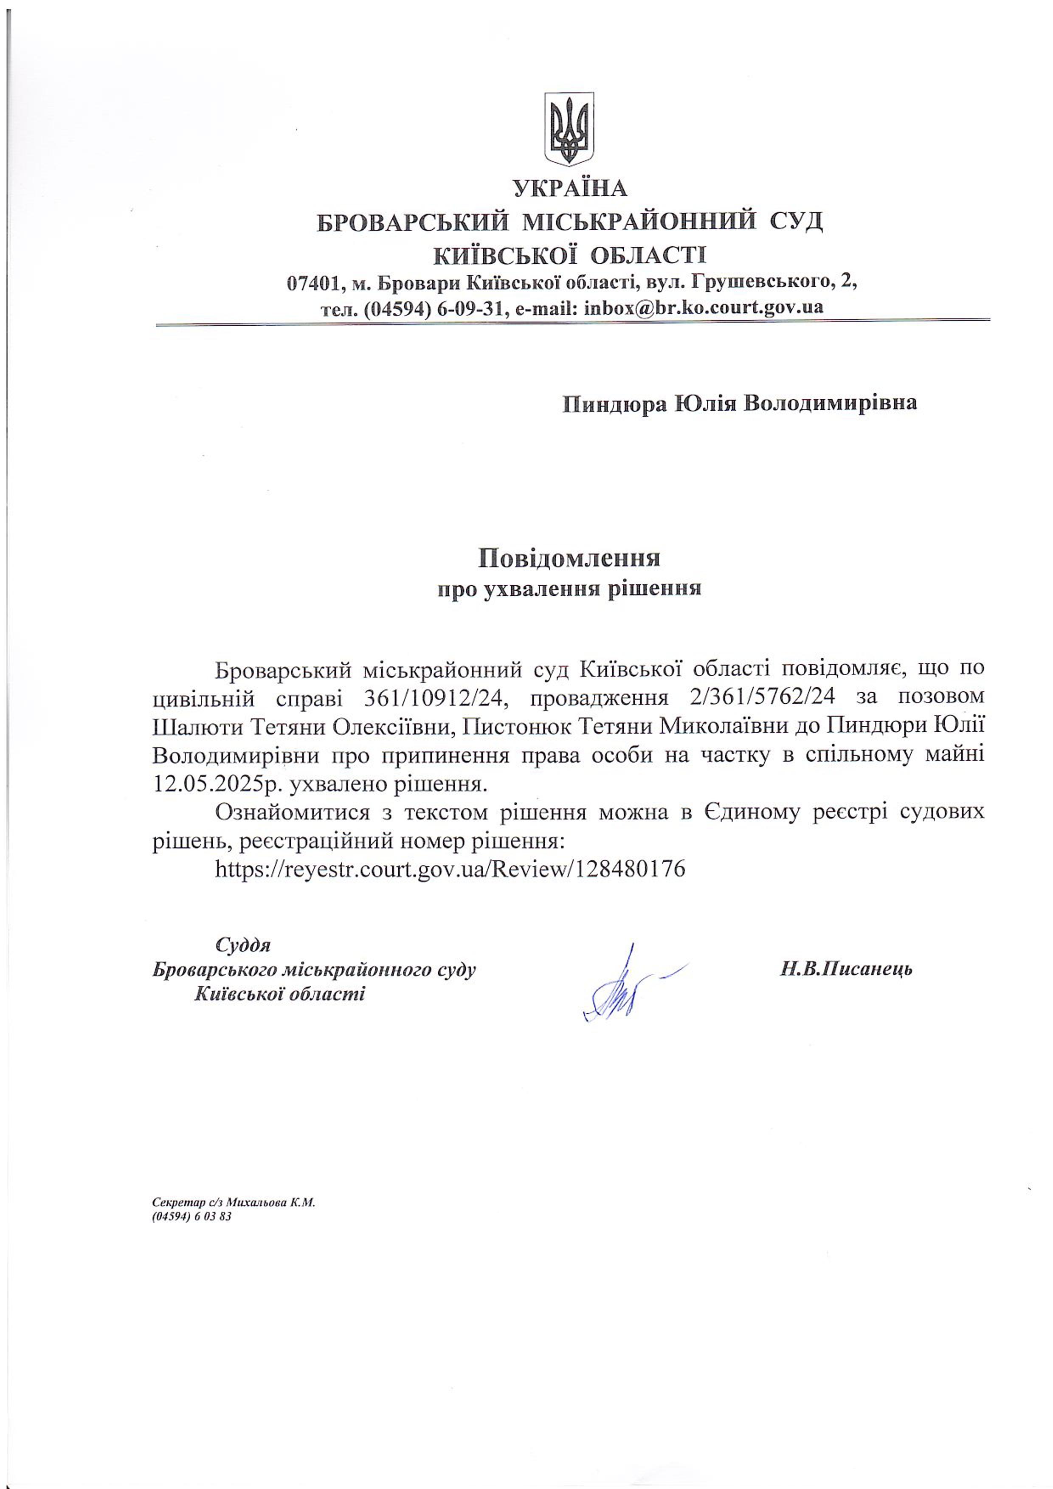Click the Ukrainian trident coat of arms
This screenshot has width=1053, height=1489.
coord(568,128)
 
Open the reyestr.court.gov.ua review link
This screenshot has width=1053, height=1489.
coord(450,869)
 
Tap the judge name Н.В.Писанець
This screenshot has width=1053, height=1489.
coord(846,969)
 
